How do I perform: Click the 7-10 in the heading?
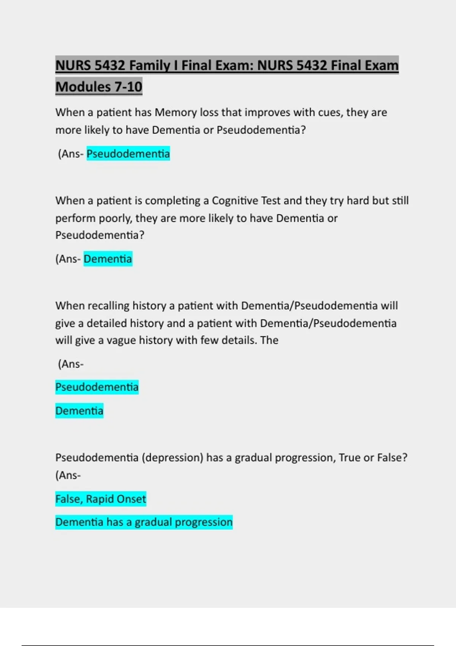click(128, 87)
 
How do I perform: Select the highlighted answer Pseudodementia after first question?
click(128, 154)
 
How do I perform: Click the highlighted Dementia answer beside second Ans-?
click(108, 259)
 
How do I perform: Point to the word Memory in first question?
click(176, 112)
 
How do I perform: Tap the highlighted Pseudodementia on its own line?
click(97, 387)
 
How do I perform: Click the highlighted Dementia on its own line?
click(79, 411)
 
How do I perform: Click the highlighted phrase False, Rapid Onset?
click(101, 499)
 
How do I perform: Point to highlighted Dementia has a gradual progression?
click(144, 522)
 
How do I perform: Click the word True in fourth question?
click(349, 458)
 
